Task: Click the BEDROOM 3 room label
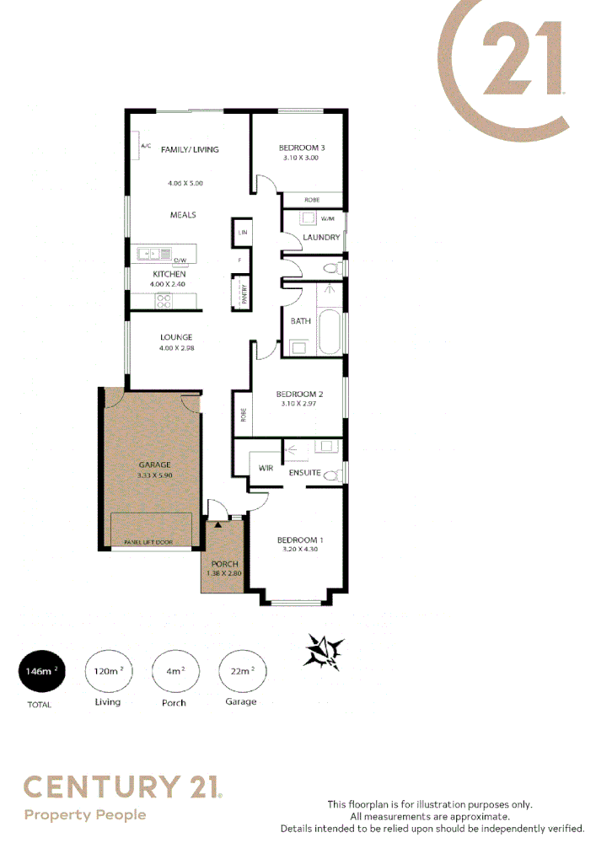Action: [302, 148]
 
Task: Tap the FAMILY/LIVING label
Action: [190, 149]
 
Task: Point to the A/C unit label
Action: [145, 147]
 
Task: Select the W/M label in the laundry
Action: [327, 219]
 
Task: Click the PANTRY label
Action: [244, 294]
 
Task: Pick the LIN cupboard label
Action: [243, 232]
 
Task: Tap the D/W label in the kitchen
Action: [179, 260]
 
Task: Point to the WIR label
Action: [266, 468]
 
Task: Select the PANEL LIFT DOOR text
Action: [148, 542]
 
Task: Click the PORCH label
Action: [225, 564]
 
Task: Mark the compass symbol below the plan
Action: [324, 652]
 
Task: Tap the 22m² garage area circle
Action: [240, 671]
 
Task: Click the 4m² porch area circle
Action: [174, 671]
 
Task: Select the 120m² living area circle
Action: [107, 671]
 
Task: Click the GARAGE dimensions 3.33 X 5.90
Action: [154, 475]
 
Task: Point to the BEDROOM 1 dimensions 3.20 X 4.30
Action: [299, 550]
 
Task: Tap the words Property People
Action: [85, 815]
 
